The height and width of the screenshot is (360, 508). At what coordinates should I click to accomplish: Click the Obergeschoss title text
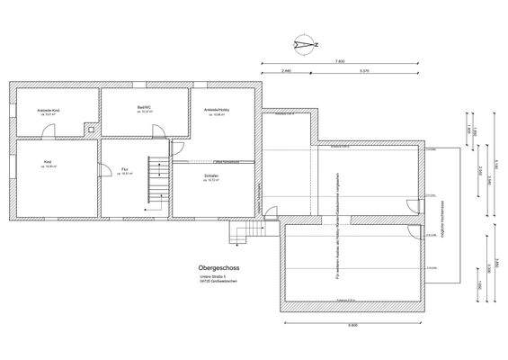[x=218, y=268]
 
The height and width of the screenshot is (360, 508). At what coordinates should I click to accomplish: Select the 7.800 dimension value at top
[x=339, y=60]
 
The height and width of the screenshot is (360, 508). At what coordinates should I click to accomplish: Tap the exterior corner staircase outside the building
[x=242, y=233]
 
